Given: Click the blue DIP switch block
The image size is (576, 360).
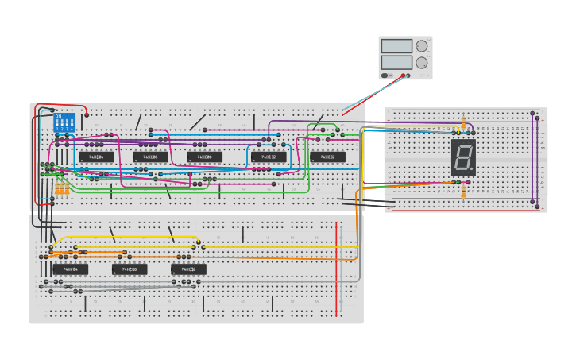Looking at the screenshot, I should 64,123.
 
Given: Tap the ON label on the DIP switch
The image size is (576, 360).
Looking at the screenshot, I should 58,116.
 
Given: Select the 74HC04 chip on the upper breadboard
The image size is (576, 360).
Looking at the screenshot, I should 96,157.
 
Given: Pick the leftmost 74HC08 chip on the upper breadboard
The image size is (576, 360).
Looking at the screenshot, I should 150,157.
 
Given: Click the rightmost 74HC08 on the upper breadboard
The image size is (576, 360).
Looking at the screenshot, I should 204,157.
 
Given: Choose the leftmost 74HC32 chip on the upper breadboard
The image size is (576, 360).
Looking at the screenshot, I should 269,157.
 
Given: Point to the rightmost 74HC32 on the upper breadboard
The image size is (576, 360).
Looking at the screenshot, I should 327,157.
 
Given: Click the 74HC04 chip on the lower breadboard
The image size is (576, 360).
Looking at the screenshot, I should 70,269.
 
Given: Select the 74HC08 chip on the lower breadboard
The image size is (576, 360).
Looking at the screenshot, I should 130,269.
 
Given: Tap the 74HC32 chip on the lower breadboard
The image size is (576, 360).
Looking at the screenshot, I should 188,269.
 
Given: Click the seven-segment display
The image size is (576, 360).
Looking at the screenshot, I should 463,157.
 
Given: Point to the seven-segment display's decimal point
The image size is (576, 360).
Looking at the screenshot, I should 472,169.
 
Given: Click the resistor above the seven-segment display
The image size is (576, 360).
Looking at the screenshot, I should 464,124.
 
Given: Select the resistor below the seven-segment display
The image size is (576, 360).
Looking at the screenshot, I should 464,188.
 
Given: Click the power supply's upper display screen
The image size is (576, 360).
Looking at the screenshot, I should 396,46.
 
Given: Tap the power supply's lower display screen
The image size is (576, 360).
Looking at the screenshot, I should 396,62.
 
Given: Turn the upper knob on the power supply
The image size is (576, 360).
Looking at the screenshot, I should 421,46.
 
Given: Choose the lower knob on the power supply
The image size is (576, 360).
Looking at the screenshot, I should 421,62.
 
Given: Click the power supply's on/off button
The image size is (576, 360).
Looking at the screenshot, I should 386,75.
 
